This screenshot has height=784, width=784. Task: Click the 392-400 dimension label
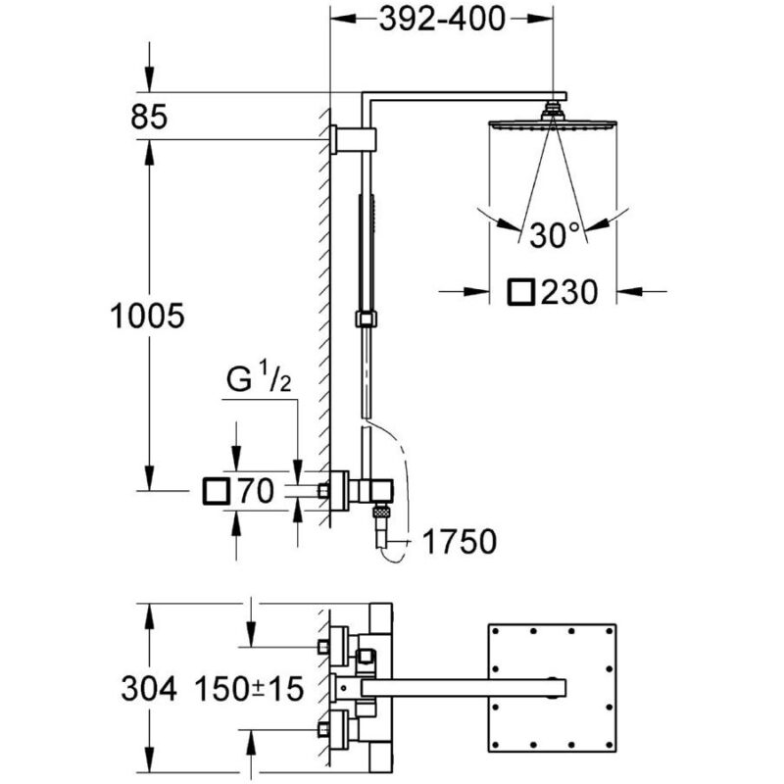[x=442, y=20]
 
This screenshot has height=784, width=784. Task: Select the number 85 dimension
[x=149, y=118]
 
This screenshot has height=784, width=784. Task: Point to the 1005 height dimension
[x=147, y=316]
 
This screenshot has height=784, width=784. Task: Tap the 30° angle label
[x=554, y=235]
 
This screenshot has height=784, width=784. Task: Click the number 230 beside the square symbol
[x=569, y=292]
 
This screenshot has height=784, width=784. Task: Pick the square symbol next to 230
[x=521, y=292]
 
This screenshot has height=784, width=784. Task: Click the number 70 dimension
[x=256, y=491]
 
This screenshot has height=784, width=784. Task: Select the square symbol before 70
[x=217, y=491]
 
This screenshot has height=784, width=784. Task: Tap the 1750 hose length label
[x=460, y=541]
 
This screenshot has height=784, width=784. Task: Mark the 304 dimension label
[x=149, y=689]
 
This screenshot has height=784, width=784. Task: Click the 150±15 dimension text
[x=249, y=689]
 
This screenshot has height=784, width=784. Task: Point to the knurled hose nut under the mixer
[x=382, y=512]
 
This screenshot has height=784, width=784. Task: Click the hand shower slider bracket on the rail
[x=367, y=318]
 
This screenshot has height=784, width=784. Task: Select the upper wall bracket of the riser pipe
[x=353, y=138]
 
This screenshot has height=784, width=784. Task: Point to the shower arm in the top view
[x=463, y=688]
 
